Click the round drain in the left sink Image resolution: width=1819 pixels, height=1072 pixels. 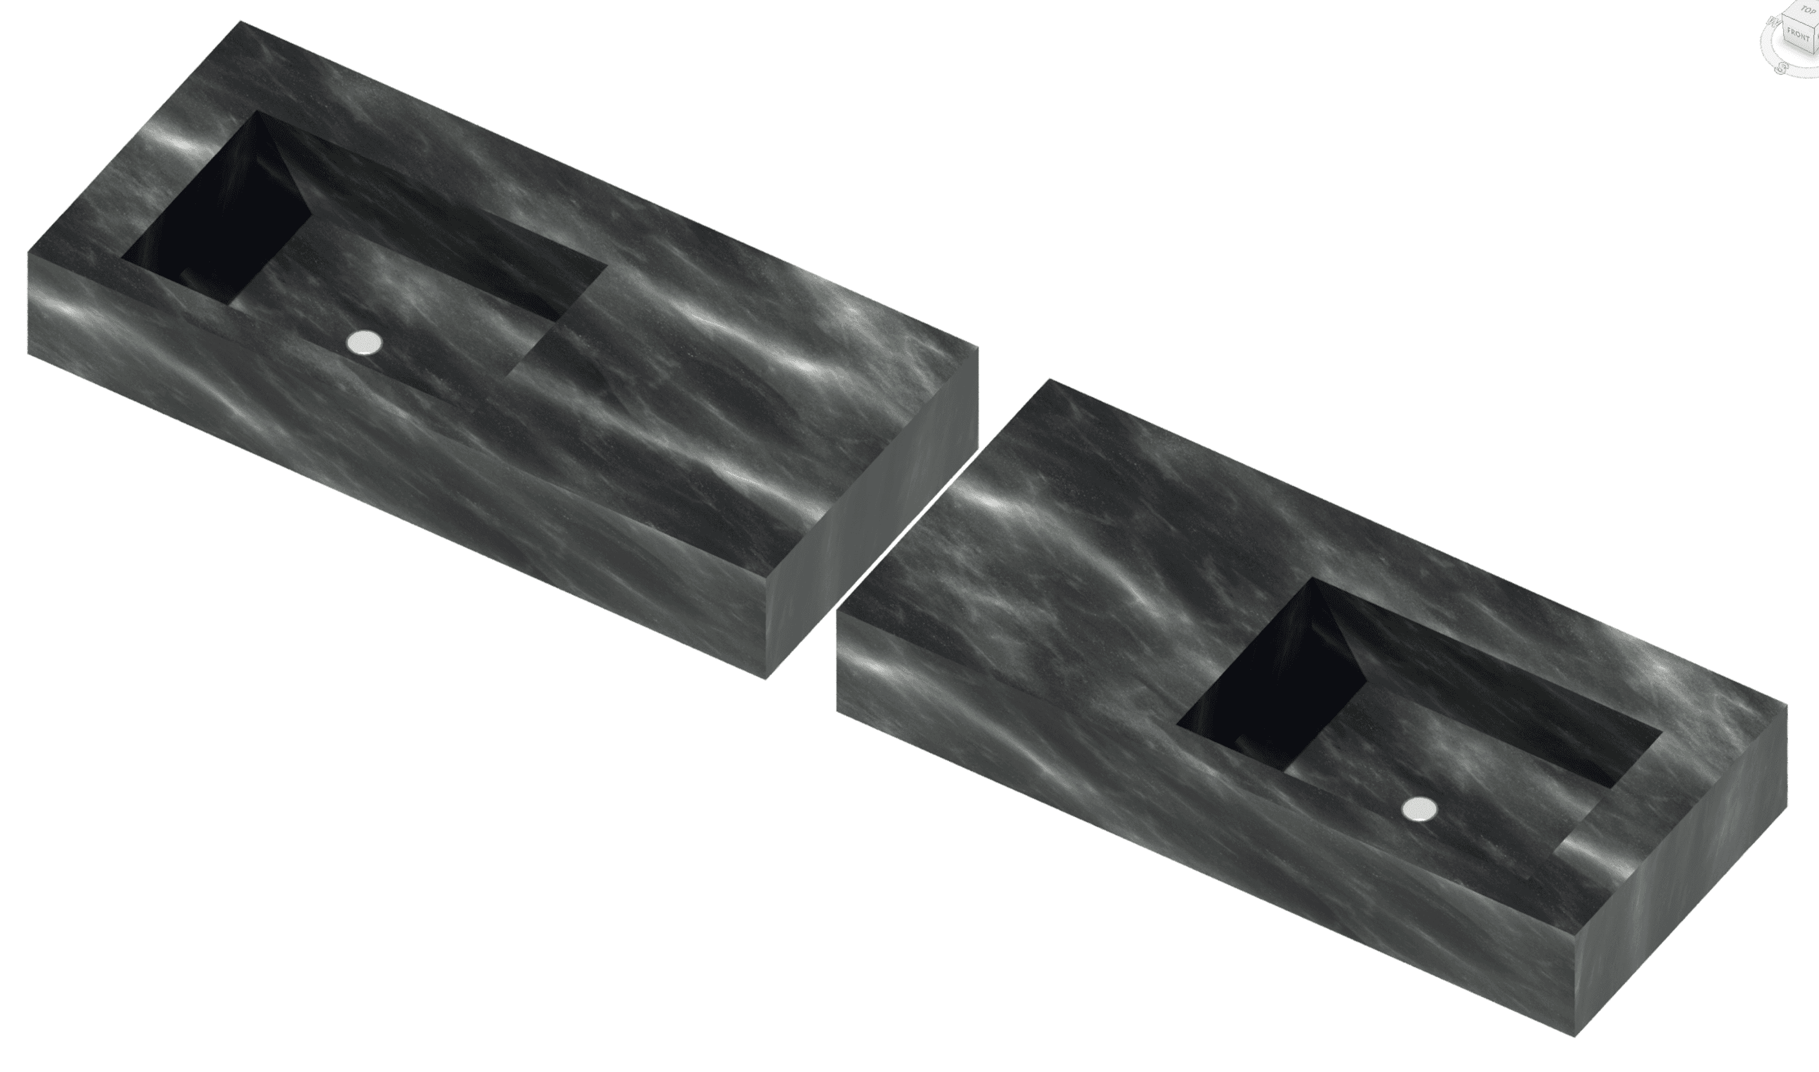(x=364, y=343)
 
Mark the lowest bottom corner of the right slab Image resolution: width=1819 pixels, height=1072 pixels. (x=1575, y=1036)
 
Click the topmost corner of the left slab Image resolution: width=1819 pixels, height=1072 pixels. (x=240, y=22)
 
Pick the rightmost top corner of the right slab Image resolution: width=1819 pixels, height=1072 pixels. (x=1787, y=706)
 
